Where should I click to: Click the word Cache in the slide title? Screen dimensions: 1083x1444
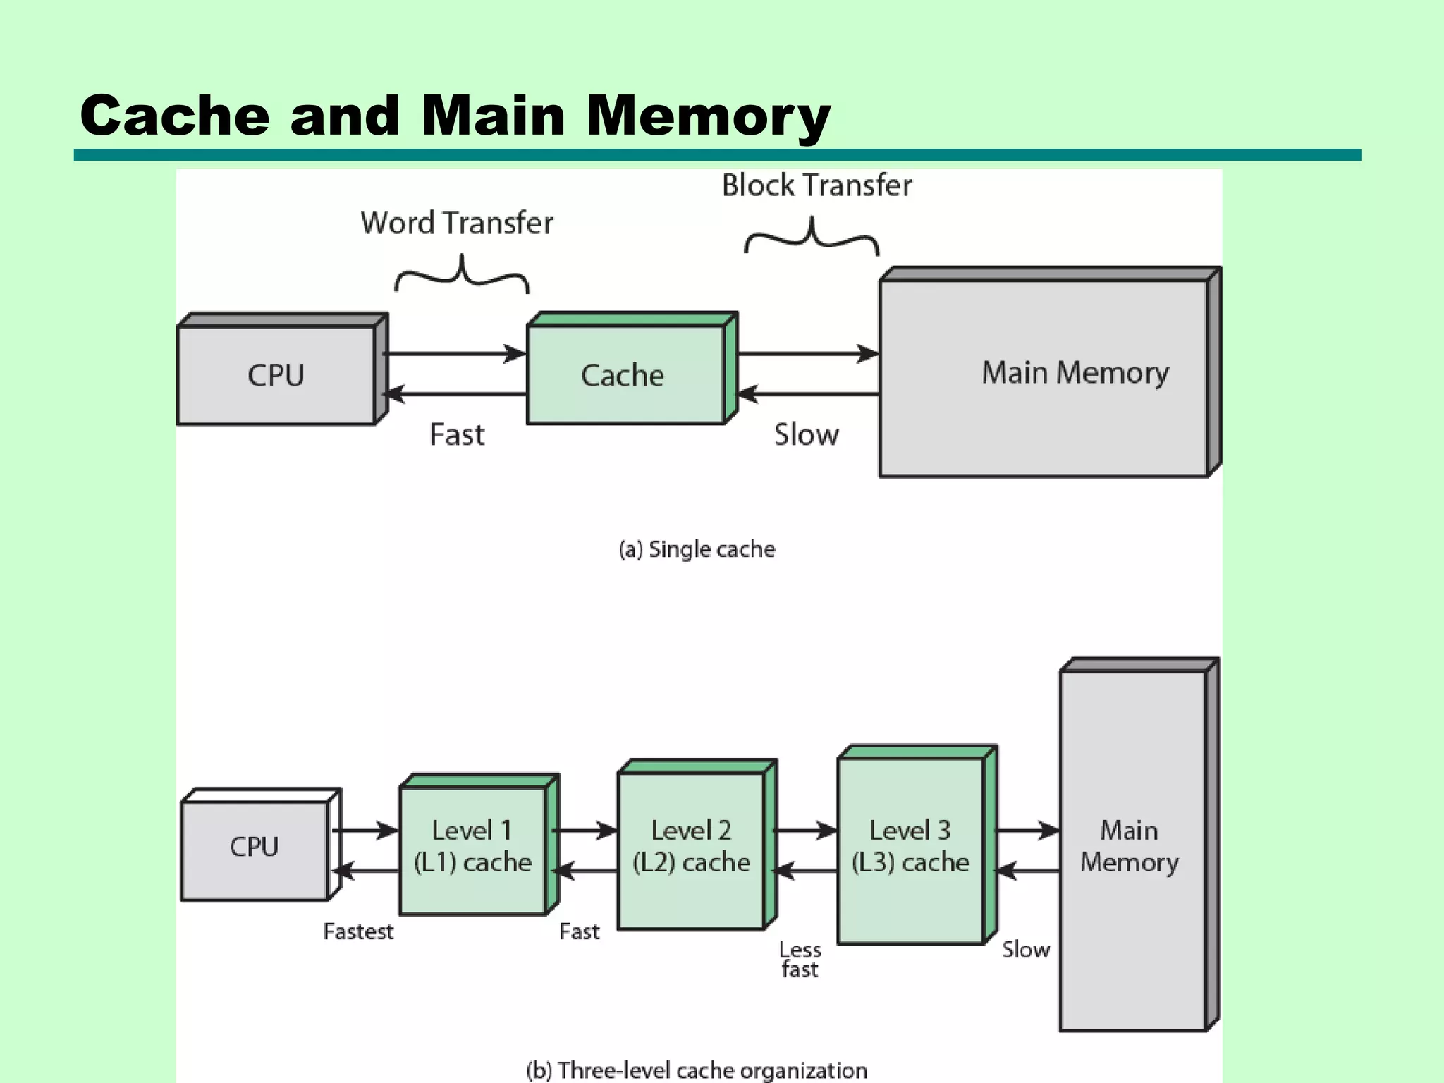(x=175, y=116)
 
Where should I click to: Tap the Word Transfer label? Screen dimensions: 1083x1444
(x=457, y=224)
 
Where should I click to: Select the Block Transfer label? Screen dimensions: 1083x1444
(x=816, y=186)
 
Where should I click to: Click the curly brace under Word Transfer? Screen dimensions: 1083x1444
(x=462, y=275)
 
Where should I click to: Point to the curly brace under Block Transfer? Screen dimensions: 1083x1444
(x=812, y=237)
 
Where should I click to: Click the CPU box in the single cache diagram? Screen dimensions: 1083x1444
(x=276, y=374)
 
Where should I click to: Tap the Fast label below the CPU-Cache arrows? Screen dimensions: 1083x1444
(x=457, y=435)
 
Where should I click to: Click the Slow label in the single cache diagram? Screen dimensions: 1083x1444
(x=807, y=435)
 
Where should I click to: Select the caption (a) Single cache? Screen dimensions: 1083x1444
(x=697, y=549)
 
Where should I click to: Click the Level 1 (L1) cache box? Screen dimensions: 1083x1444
(x=472, y=850)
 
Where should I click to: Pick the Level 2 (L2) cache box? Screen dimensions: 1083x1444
(x=691, y=850)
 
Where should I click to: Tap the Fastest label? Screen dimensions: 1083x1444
(x=358, y=932)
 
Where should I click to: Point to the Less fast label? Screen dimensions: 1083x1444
(x=800, y=960)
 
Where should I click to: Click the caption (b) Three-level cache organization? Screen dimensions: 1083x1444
(x=697, y=1070)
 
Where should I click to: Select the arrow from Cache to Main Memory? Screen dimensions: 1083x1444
(x=808, y=353)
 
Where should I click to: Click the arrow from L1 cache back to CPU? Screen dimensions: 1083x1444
(x=365, y=871)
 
